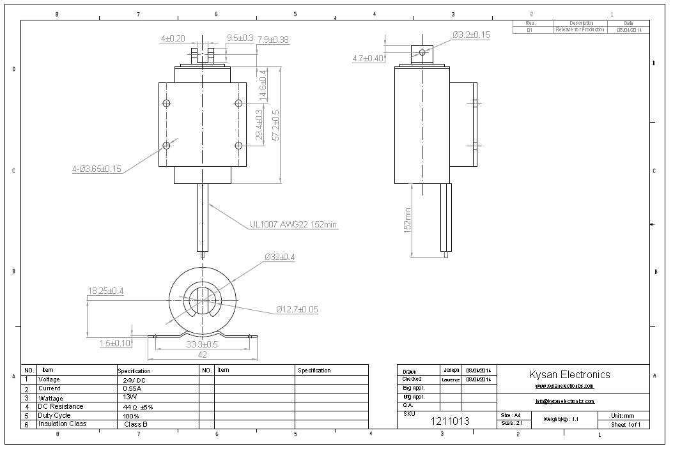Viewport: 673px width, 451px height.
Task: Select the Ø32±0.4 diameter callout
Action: (280, 257)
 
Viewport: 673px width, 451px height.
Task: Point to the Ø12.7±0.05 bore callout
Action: (297, 310)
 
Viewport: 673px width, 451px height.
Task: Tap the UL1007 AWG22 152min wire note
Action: (293, 224)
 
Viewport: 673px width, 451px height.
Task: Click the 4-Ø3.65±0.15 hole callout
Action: (97, 169)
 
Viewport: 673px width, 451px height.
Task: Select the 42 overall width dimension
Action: (202, 355)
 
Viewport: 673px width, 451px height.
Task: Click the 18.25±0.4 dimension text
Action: (105, 291)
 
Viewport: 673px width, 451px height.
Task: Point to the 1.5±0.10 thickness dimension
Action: (115, 344)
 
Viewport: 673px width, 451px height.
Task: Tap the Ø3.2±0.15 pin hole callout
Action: (472, 35)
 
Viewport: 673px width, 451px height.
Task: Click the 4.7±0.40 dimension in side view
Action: (368, 58)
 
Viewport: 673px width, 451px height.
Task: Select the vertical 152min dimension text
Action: (407, 220)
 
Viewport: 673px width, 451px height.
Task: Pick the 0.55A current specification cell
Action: (132, 388)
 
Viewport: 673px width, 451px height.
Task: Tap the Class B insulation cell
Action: (135, 424)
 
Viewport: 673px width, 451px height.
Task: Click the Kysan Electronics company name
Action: (569, 375)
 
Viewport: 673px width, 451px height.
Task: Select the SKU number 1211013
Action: (450, 421)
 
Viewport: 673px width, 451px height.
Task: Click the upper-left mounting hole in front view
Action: (167, 103)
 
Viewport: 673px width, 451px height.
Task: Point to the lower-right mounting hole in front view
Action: (238, 146)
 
